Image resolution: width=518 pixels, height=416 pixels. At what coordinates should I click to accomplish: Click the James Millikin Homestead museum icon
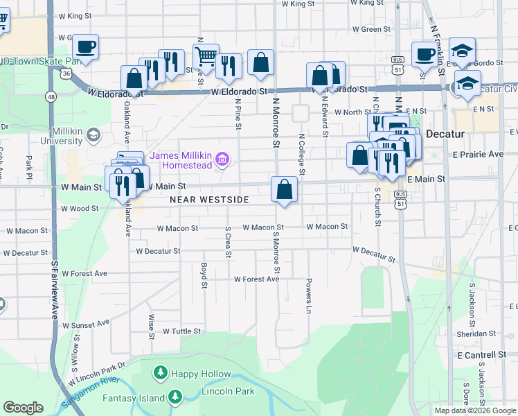(x=222, y=160)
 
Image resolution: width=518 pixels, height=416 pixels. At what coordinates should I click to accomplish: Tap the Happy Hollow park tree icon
(x=161, y=374)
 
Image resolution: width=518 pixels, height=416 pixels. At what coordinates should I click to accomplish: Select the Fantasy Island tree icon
(x=175, y=397)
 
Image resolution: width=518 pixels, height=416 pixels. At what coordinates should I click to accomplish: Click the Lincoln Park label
(x=221, y=392)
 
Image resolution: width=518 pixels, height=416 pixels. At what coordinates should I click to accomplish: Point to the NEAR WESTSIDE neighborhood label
(x=209, y=200)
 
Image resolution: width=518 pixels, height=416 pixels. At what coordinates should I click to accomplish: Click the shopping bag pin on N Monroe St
(x=285, y=189)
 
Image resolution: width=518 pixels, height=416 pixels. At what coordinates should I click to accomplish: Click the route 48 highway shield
(x=52, y=96)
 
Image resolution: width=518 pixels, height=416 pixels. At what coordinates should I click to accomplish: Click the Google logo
(x=24, y=408)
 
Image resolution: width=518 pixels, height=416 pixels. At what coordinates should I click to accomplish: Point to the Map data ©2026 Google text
(x=475, y=410)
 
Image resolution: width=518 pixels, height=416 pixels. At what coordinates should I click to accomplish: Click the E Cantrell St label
(x=483, y=354)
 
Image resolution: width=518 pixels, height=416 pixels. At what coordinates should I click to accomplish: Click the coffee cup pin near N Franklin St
(x=425, y=54)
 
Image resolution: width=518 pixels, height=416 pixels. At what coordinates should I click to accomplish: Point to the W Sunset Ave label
(x=86, y=324)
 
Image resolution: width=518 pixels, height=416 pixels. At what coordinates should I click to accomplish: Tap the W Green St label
(x=372, y=30)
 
